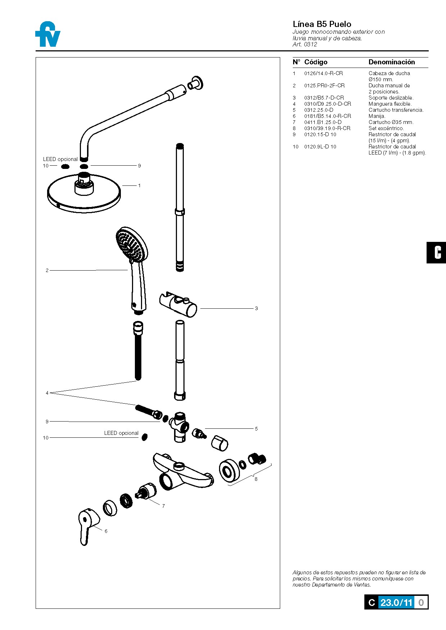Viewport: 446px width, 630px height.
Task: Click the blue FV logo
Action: [48, 35]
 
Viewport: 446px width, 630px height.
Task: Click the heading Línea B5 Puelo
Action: [322, 24]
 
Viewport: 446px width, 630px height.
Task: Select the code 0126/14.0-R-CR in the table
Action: [323, 73]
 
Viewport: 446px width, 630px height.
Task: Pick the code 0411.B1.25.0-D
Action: [323, 122]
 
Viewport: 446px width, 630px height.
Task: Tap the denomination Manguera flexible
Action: [390, 104]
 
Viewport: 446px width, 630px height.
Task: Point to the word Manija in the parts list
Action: [377, 116]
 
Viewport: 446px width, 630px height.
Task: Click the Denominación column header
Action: [391, 62]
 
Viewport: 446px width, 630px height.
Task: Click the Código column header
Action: [315, 62]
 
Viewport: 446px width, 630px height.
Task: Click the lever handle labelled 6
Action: [87, 525]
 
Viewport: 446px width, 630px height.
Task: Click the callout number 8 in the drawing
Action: [256, 479]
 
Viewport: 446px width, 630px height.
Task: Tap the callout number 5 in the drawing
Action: [256, 429]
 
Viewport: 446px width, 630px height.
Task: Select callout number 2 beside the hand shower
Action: [47, 270]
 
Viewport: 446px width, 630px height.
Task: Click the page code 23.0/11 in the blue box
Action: [396, 603]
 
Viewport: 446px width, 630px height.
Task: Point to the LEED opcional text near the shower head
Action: [60, 159]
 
